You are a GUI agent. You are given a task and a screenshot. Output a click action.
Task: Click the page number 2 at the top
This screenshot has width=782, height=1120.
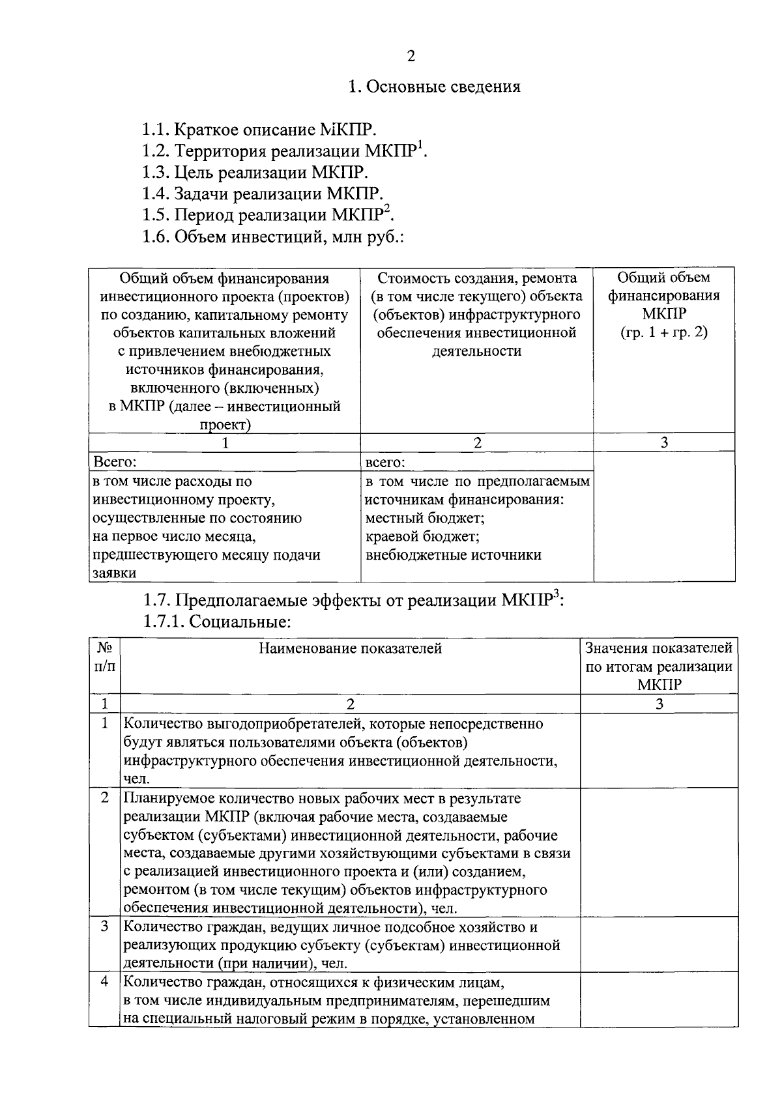pos(411,56)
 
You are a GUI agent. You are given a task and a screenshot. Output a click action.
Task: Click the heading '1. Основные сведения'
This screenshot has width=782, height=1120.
pos(434,87)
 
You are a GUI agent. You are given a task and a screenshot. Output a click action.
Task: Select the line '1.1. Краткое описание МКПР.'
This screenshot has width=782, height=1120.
pos(259,130)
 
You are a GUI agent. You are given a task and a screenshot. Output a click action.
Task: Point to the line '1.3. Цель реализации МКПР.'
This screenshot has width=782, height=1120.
pos(255,173)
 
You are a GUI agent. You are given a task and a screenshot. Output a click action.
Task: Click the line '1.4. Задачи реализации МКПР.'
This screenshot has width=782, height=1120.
pos(263,194)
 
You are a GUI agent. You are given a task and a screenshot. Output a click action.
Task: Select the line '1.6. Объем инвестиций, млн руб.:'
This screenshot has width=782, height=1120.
pos(273,237)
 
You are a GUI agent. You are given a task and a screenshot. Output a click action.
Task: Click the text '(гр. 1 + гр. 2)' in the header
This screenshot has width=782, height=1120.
pos(663,332)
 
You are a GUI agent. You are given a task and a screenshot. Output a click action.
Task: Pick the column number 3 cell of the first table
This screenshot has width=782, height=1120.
pos(663,442)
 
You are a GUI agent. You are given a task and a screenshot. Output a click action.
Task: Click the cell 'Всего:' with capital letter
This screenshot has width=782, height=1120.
pos(115,462)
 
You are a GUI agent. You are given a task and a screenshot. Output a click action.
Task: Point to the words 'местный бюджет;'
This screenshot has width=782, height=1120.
pos(424,519)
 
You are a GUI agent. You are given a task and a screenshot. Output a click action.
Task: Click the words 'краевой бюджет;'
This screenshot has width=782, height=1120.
pos(422,537)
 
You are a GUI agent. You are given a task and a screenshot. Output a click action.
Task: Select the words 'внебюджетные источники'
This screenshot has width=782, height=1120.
pos(453,555)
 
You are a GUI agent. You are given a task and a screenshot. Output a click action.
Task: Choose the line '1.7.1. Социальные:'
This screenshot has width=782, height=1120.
pos(216,621)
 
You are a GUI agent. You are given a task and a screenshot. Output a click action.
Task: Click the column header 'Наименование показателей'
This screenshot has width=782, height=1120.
pos(350,648)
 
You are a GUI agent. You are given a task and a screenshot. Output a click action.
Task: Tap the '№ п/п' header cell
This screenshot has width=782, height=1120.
pos(104,657)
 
